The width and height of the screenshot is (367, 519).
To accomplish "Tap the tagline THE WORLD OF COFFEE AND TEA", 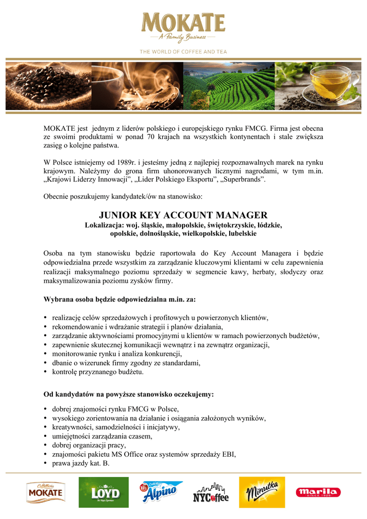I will click(183, 52).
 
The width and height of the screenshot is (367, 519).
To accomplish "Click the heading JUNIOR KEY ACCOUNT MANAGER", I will click(183, 215).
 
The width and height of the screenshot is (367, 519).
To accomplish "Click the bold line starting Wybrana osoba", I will click(120, 299).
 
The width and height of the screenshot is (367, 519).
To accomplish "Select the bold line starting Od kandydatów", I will click(129, 393).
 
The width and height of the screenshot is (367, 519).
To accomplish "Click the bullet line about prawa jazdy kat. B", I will click(81, 463).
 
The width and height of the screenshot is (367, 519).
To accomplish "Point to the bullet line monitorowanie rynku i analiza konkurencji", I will click(117, 354).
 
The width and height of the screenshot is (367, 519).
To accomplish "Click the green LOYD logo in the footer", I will click(103, 492).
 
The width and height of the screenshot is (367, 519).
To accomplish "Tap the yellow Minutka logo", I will click(263, 492).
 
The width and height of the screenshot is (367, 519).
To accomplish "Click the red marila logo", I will click(318, 492).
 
